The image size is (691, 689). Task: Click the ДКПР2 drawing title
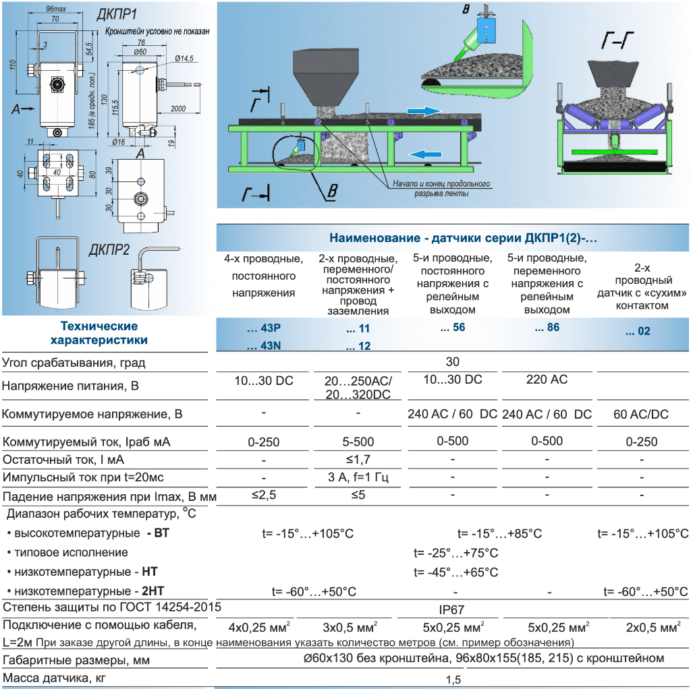pos(109,250)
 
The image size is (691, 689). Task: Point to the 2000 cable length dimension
pos(177,109)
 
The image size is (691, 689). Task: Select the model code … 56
pos(453,328)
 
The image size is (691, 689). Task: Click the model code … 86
pos(547,328)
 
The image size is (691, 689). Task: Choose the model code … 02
pos(638,331)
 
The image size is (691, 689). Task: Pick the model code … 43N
pos(264,347)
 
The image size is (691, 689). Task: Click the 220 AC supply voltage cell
pos(547,380)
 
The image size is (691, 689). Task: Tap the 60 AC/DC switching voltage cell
pos(642,414)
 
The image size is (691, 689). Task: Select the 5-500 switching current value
pos(358,442)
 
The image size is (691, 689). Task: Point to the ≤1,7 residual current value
pos(358,460)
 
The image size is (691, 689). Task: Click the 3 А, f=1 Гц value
pos(358,478)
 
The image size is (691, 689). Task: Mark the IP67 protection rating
pos(451,609)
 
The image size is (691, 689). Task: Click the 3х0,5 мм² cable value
pos(358,627)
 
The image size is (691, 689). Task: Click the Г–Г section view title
pos(617,42)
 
